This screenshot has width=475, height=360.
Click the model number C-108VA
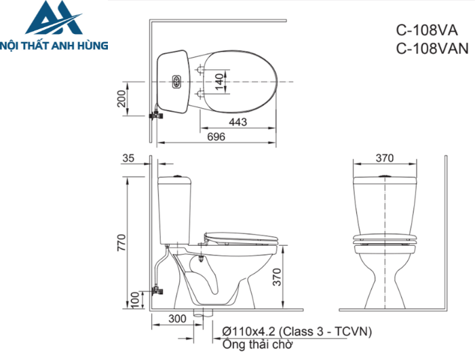426,31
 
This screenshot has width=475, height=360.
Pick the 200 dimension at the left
121,99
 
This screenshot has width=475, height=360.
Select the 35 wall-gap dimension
129,158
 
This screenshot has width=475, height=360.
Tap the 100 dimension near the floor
134,299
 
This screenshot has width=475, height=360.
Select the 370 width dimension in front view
385,158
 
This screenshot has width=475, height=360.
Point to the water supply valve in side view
157,289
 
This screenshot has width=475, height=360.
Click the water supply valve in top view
157,115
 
